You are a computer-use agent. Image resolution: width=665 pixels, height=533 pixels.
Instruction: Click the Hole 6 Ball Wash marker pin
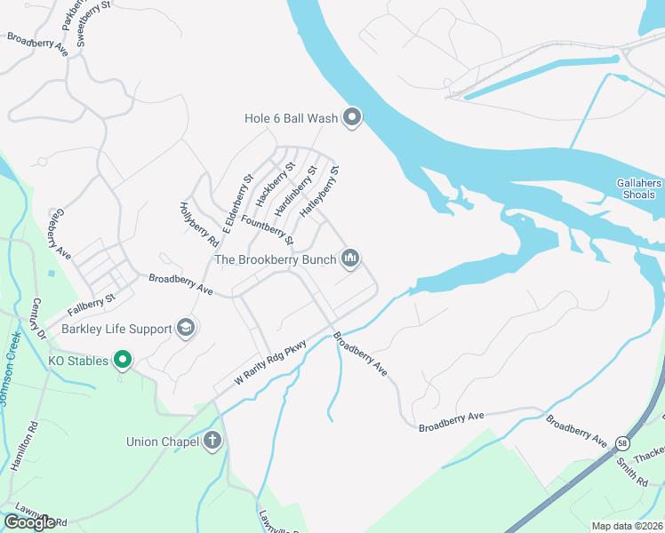point(352,117)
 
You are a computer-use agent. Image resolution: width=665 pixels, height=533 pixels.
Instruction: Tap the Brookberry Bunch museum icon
point(351,259)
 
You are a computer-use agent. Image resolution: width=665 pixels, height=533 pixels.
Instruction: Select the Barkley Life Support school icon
point(186,329)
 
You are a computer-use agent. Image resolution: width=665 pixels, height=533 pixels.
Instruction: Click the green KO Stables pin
point(124,360)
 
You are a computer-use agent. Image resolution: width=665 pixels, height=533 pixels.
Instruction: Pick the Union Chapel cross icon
point(212,441)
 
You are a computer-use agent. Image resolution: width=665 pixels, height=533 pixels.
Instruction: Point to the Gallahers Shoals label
point(639,189)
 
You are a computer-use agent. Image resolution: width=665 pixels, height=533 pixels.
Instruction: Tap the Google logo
point(29,522)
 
